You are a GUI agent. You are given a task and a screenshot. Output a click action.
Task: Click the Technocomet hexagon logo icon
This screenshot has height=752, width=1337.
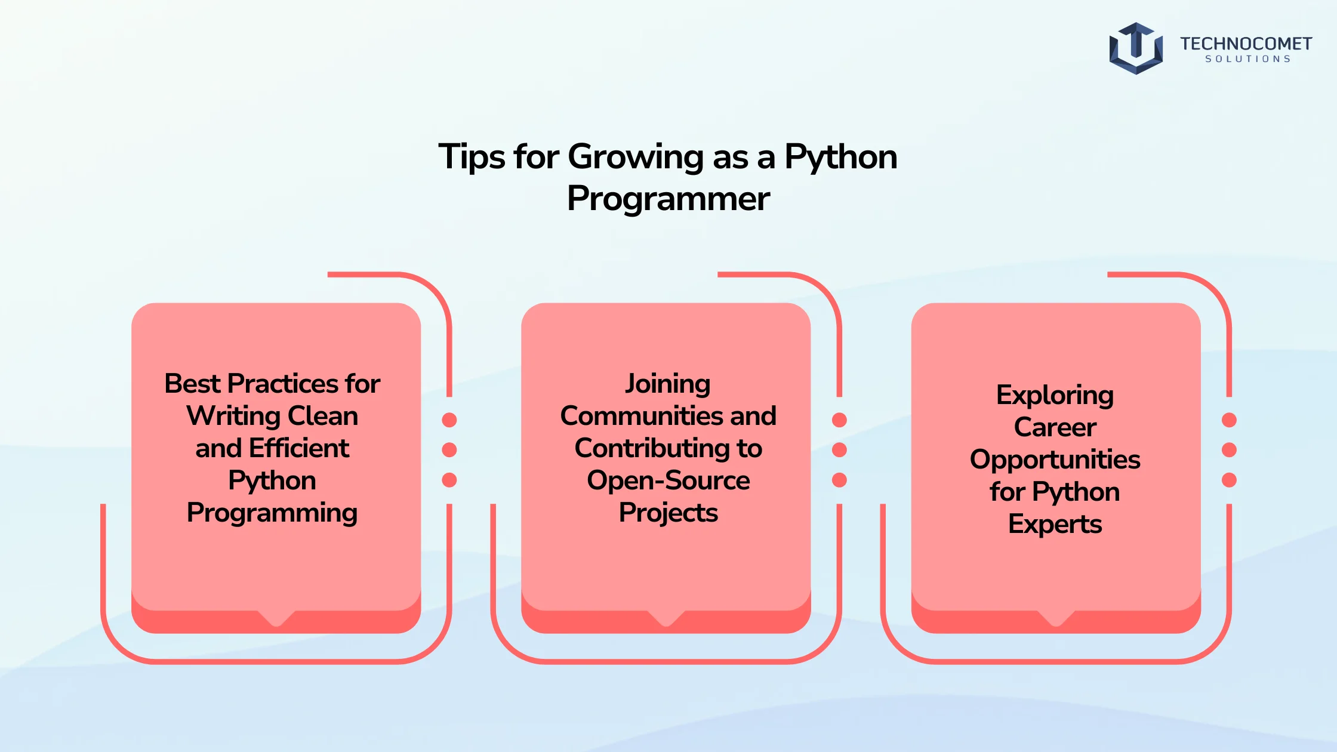click(1136, 48)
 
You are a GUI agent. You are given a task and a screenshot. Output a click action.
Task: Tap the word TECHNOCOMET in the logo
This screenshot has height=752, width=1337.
click(1246, 44)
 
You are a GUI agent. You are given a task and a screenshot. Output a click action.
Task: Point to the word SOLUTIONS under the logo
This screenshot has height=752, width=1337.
click(1247, 59)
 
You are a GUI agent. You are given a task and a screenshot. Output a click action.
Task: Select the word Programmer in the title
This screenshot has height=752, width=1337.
click(668, 199)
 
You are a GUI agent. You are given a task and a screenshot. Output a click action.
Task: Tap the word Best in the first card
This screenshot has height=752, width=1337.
click(192, 383)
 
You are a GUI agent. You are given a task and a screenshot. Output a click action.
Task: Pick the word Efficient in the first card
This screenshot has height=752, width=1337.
click(299, 448)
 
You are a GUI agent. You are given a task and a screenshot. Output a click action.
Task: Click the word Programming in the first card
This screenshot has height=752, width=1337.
click(272, 513)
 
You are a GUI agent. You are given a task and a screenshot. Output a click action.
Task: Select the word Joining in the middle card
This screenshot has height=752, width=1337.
click(668, 384)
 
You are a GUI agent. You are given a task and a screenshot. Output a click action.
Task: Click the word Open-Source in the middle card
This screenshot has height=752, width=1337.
click(668, 481)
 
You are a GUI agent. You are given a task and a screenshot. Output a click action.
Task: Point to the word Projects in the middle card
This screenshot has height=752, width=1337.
click(668, 513)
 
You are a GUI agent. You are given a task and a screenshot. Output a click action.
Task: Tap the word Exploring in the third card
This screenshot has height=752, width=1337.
click(1055, 396)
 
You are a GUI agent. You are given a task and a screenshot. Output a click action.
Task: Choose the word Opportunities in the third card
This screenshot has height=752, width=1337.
click(1055, 460)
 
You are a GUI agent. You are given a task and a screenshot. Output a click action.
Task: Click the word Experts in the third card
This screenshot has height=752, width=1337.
click(1055, 525)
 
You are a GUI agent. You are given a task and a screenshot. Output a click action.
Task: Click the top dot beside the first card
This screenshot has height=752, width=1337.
click(449, 420)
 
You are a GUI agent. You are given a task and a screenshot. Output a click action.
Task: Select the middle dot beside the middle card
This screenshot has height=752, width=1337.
click(839, 449)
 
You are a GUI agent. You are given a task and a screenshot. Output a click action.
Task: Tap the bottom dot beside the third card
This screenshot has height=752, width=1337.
click(1229, 480)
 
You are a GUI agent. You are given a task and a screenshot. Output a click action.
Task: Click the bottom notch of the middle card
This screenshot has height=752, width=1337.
click(666, 619)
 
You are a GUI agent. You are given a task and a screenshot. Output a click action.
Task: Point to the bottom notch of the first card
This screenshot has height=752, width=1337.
click(276, 619)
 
